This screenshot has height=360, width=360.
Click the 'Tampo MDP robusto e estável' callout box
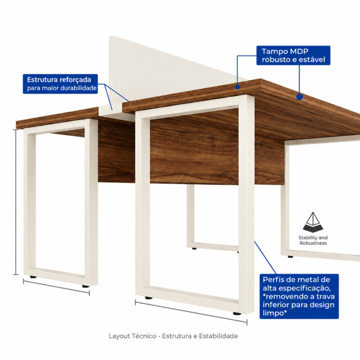[293, 55]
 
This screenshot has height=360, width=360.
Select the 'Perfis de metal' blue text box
[299, 296]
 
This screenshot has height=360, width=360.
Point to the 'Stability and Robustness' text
[313, 240]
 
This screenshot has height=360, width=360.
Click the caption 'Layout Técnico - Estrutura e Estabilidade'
[173, 336]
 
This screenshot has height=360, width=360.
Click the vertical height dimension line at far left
[16, 202]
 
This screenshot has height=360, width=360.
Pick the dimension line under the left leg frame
[56, 287]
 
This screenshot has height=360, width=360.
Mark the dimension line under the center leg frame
[191, 312]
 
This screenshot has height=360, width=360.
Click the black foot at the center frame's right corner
[237, 313]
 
